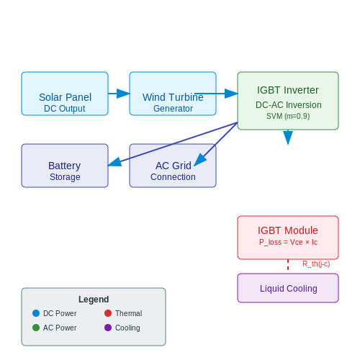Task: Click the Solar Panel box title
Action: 65,97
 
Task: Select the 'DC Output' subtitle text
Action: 65,109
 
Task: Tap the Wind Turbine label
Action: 173,97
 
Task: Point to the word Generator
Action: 173,109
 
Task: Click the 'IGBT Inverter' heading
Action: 288,90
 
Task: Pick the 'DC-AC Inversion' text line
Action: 289,105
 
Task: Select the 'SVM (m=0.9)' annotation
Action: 288,116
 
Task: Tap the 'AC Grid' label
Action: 174,166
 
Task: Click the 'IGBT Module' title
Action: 288,230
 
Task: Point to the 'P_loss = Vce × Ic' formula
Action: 288,242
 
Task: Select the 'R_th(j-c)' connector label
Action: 316,264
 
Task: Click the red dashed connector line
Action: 288,265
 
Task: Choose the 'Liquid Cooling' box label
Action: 289,289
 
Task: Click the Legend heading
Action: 94,300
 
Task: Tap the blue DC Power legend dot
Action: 36,313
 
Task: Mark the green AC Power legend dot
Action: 36,328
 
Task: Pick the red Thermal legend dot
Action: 108,313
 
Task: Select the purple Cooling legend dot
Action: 108,328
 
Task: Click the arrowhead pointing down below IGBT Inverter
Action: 288,138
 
